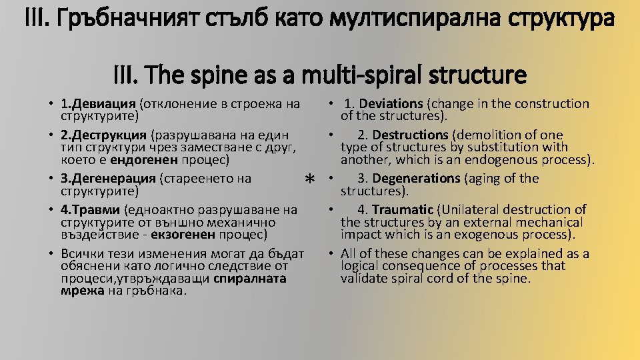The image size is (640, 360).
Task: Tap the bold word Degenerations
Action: click(416, 179)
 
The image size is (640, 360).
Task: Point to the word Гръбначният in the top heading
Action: click(125, 17)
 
